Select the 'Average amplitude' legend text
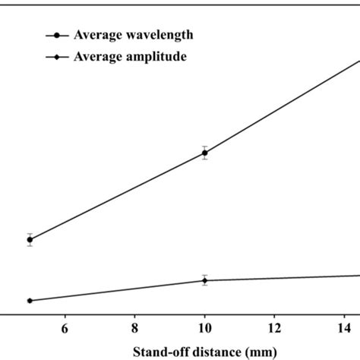coord(129,56)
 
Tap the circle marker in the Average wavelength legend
coord(57,35)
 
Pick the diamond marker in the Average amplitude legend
coord(57,56)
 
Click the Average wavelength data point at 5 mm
coord(30,239)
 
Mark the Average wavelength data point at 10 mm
coord(204,153)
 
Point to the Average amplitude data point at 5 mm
coord(30,301)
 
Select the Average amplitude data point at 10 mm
coord(204,280)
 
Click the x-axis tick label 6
coord(65,327)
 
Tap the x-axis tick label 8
coord(134,327)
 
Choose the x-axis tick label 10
coord(204,327)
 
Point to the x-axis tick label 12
coord(274,327)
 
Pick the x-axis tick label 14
coord(344,327)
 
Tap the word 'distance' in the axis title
coord(213,352)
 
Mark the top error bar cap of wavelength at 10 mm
coord(204,146)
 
